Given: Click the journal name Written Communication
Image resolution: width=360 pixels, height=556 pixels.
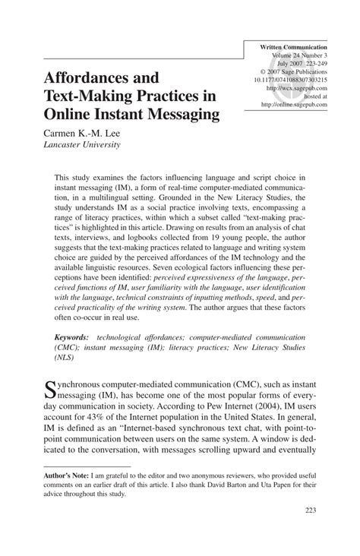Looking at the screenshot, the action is pyautogui.click(x=299, y=47).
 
